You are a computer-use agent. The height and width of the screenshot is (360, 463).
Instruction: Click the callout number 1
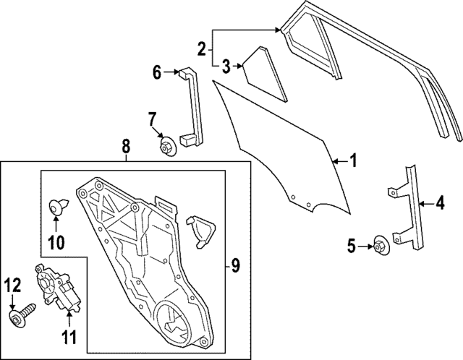coord(353,160)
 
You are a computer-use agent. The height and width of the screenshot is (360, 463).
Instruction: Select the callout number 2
coord(202,49)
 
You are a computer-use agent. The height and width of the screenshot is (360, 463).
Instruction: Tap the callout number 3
coord(226,67)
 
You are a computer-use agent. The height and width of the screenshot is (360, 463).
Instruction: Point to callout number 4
coord(440,205)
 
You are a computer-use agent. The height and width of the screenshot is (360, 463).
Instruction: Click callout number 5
coord(352,247)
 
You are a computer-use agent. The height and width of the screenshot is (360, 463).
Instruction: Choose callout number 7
coord(153,118)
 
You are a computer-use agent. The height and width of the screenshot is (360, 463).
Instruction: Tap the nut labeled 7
coord(166,145)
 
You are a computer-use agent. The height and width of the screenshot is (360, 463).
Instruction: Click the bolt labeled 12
coord(21,317)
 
